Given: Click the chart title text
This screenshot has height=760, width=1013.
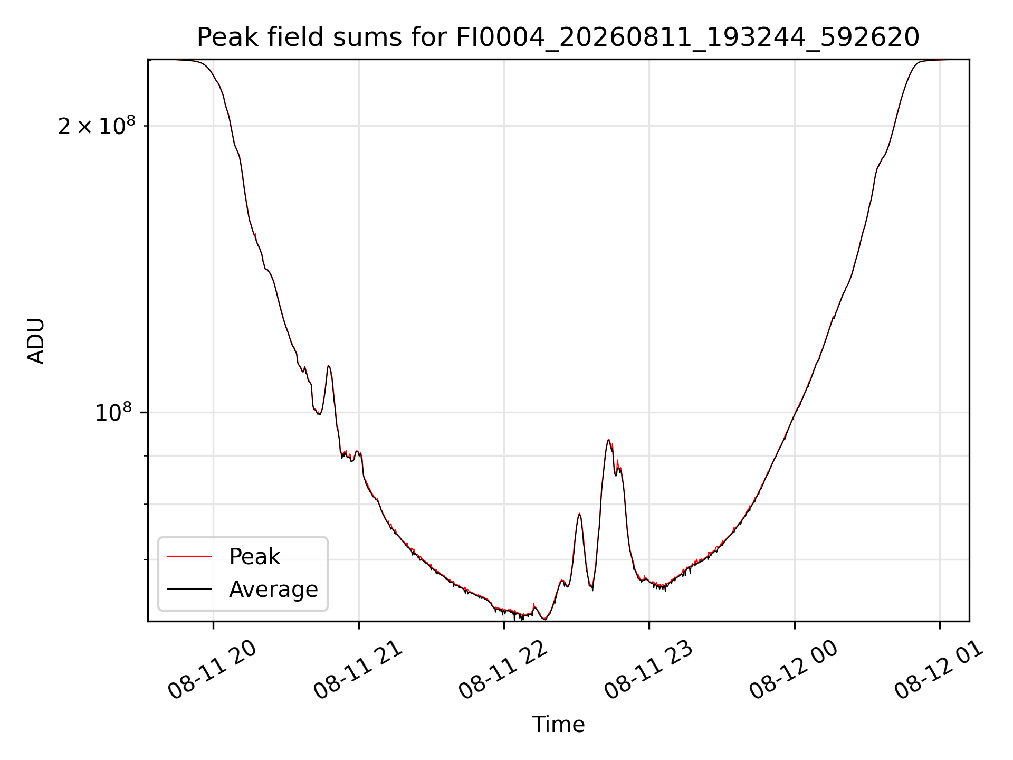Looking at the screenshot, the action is coord(558,37).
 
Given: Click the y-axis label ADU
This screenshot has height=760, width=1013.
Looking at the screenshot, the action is coord(36,340).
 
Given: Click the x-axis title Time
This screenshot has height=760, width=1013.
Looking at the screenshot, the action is coord(558,724).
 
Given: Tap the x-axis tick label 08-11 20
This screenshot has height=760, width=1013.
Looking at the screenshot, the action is coord(212,670).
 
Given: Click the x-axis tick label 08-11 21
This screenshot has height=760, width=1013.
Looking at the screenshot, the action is coord(358,670).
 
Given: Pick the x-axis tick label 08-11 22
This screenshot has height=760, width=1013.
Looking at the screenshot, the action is coord(503,670).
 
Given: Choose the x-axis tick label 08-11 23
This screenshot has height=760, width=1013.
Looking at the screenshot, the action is coord(648,670).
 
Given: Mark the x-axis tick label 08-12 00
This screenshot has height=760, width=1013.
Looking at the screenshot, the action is coord(794,670).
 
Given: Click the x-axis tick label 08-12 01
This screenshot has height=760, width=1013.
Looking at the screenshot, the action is coord(939,670).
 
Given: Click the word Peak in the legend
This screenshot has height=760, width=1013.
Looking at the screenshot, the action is coord(254,557).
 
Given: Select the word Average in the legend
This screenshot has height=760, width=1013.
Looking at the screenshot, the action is coord(273,590).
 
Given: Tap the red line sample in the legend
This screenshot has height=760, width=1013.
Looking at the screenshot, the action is coord(189,556).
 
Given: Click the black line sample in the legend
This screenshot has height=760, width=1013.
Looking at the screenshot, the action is coord(189,589).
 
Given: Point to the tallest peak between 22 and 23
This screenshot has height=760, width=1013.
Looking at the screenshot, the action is coord(608,440).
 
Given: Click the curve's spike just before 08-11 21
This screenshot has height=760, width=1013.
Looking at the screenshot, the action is coord(329,366).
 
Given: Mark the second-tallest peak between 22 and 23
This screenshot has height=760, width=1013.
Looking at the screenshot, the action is coord(579,514).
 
